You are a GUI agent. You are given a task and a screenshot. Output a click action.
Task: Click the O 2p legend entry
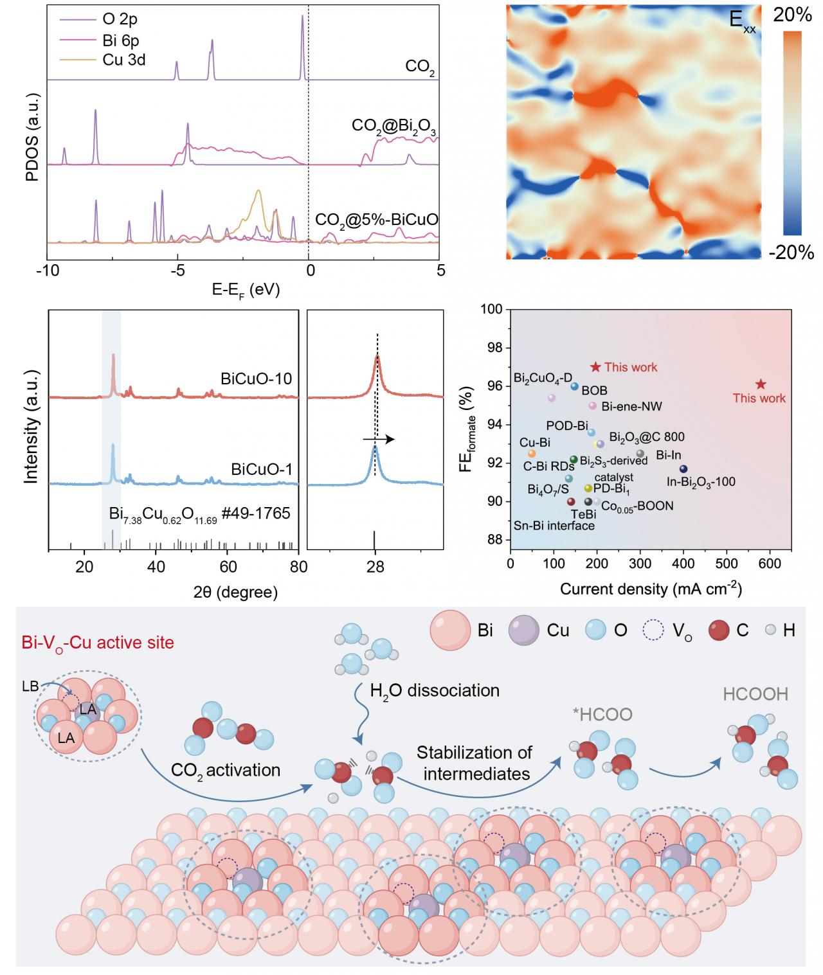pos(120,19)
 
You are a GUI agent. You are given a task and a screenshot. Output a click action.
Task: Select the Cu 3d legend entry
pos(123,60)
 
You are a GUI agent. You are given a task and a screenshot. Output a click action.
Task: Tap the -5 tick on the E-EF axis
pos(177,271)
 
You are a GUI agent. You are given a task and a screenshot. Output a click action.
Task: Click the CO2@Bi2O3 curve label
pos(393,126)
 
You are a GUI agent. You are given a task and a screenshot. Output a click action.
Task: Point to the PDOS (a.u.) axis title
pos(32,137)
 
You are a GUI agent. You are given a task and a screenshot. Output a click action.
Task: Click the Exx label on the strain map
pos(742,21)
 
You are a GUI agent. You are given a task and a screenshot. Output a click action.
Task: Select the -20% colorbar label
pos(791,253)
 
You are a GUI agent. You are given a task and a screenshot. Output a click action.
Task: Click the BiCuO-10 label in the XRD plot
pos(256,379)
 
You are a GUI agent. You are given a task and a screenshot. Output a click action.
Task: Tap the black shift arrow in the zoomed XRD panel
pos(379,440)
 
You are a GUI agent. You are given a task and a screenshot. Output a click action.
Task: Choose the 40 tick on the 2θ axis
pos(156,567)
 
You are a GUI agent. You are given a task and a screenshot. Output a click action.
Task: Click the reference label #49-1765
pos(256,513)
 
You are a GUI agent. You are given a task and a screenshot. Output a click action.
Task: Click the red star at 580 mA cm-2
pos(761,384)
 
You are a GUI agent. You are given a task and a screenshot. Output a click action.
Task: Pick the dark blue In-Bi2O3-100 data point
pos(683,469)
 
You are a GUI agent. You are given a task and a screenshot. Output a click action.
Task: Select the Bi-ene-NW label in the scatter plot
pos(631,406)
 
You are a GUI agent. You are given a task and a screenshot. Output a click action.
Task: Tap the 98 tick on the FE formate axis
pos(494,348)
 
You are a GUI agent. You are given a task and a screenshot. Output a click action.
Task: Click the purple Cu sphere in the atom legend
pos(524,630)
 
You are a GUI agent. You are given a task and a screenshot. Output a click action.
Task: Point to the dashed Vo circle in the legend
pos(653,630)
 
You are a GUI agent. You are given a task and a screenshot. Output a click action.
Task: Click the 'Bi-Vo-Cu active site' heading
pos(98,643)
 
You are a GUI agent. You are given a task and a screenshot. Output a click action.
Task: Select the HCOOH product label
pos(755,694)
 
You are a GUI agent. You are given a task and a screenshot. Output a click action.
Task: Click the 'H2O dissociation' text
pos(435,691)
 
